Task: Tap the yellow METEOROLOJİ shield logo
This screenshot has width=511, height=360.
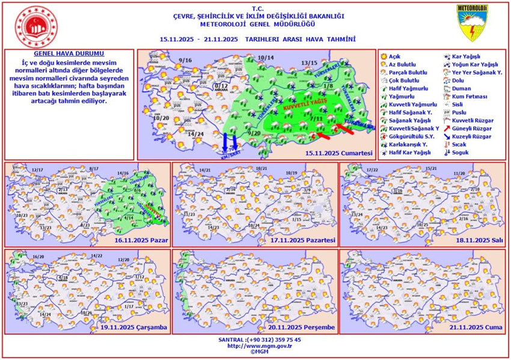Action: click(472, 23)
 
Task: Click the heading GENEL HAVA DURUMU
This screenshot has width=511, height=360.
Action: click(61, 53)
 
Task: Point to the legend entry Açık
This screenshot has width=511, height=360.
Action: click(395, 56)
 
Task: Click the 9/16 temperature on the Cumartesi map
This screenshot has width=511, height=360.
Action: click(185, 61)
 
